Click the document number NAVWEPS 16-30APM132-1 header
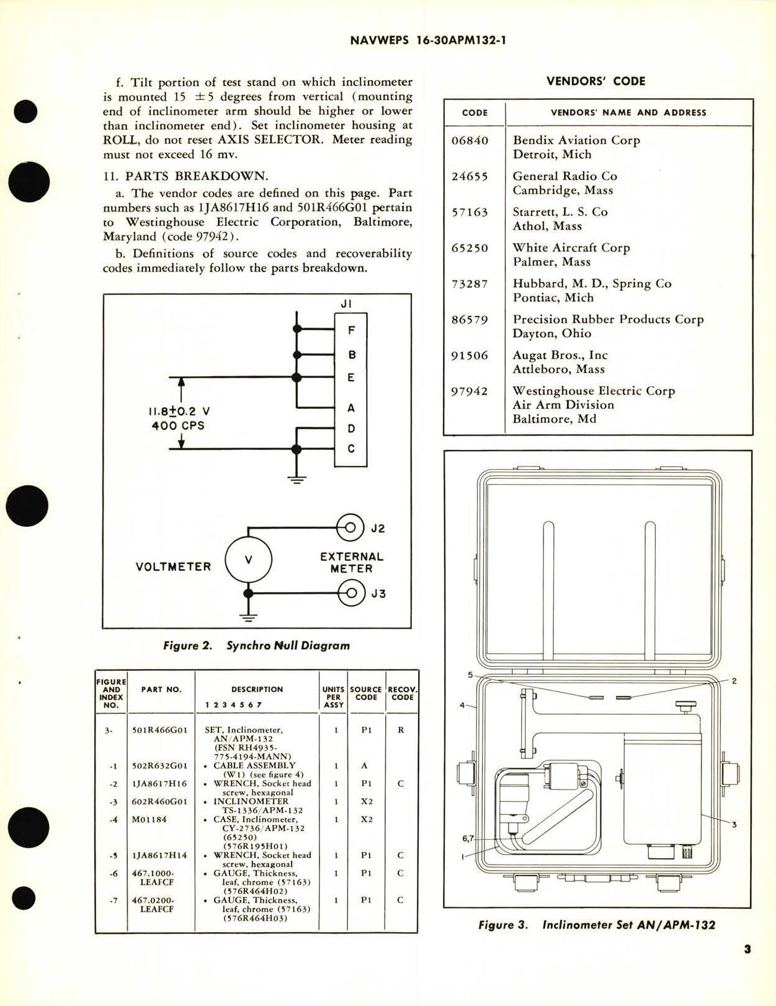429,41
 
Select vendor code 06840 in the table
470,141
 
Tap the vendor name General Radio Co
564,176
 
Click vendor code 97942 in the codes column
470,392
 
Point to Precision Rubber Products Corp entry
607,320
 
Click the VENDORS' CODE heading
595,81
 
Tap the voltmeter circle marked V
248,560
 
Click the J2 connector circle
350,528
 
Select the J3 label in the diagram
378,594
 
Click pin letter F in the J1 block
351,331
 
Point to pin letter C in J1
351,449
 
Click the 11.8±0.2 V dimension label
179,411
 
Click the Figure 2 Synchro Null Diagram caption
256,645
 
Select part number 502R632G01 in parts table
159,766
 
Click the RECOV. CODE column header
402,693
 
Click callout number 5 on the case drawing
470,675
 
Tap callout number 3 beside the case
734,825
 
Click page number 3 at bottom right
747,950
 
